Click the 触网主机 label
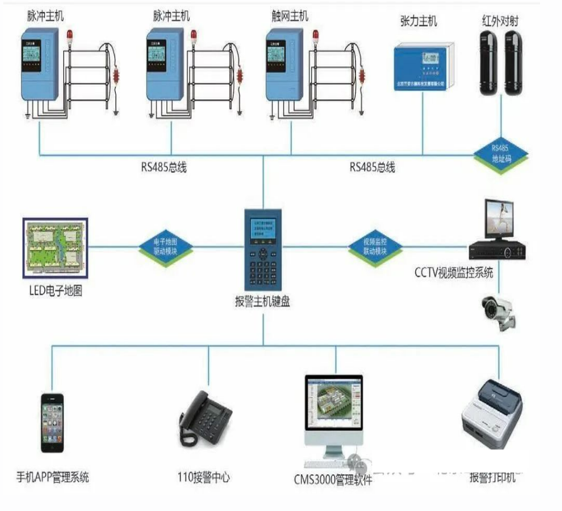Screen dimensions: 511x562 pos(290,15)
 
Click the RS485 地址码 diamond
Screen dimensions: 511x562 pos(502,155)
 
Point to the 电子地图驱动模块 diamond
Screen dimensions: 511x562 pos(165,246)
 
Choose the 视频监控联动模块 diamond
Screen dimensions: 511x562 pos(375,246)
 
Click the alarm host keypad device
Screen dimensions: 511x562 pos(264,250)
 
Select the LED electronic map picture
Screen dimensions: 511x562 pos(56,246)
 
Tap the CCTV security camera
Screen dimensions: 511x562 pos(499,311)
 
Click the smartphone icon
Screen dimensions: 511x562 pos(53,422)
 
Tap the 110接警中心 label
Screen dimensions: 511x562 pos(204,478)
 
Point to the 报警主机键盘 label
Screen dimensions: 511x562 pos(262,301)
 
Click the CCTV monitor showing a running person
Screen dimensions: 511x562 pos(498,220)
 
